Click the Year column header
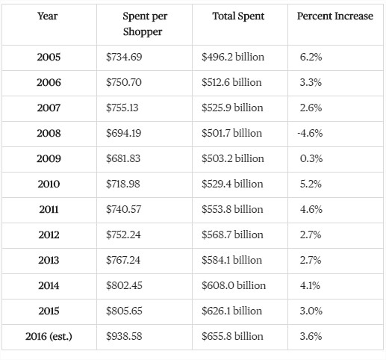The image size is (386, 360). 48,16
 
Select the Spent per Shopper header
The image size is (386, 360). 145,24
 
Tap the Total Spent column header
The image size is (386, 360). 238,16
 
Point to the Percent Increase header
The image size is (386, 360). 335,16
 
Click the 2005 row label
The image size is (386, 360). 49,57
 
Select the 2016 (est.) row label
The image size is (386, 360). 49,337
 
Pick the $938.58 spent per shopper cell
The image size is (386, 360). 124,336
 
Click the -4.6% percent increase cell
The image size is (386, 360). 310,133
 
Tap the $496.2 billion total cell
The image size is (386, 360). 233,57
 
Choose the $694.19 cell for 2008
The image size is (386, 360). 123,133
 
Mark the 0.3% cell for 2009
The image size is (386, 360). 311,158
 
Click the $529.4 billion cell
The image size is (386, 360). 232,184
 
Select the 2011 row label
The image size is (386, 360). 49,209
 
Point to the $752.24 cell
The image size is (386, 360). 123,235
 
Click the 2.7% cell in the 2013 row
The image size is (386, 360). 311,260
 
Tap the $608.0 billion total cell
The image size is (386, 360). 234,285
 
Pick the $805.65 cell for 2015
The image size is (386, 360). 124,311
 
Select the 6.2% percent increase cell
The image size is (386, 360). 311,57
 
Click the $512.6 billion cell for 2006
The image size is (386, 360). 231,82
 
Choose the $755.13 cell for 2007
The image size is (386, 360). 122,108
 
